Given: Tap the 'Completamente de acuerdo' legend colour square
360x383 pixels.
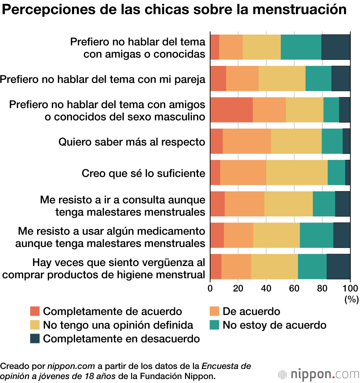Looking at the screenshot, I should (x=35, y=311).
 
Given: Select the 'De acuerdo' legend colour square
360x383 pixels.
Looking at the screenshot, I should (x=214, y=311).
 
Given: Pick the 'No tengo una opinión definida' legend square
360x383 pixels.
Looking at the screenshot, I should (x=35, y=325).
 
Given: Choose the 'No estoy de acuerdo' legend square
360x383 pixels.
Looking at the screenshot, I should (x=214, y=325).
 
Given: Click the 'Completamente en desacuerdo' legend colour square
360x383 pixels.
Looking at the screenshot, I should (x=35, y=339).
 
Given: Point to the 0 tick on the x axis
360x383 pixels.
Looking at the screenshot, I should (x=210, y=288).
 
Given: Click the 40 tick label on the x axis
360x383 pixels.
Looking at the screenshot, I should (x=266, y=288).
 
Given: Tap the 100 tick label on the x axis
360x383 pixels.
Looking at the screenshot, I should (x=350, y=288).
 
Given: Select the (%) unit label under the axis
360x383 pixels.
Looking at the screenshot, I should (x=351, y=299).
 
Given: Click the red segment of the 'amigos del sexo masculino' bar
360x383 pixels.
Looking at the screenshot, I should (x=231, y=110).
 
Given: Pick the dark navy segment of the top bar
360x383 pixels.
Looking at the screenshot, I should (x=336, y=47).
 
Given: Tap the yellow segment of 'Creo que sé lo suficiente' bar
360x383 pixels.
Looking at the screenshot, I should (x=297, y=172).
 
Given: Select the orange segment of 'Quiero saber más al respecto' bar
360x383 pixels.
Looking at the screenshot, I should (x=247, y=141).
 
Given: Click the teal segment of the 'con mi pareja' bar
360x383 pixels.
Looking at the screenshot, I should (x=318, y=78).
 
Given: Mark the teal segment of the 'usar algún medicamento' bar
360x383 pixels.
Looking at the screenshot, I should (x=316, y=235).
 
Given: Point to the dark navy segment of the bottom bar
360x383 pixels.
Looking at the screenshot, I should (x=338, y=267).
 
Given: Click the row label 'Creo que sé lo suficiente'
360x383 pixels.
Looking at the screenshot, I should (x=143, y=173).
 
